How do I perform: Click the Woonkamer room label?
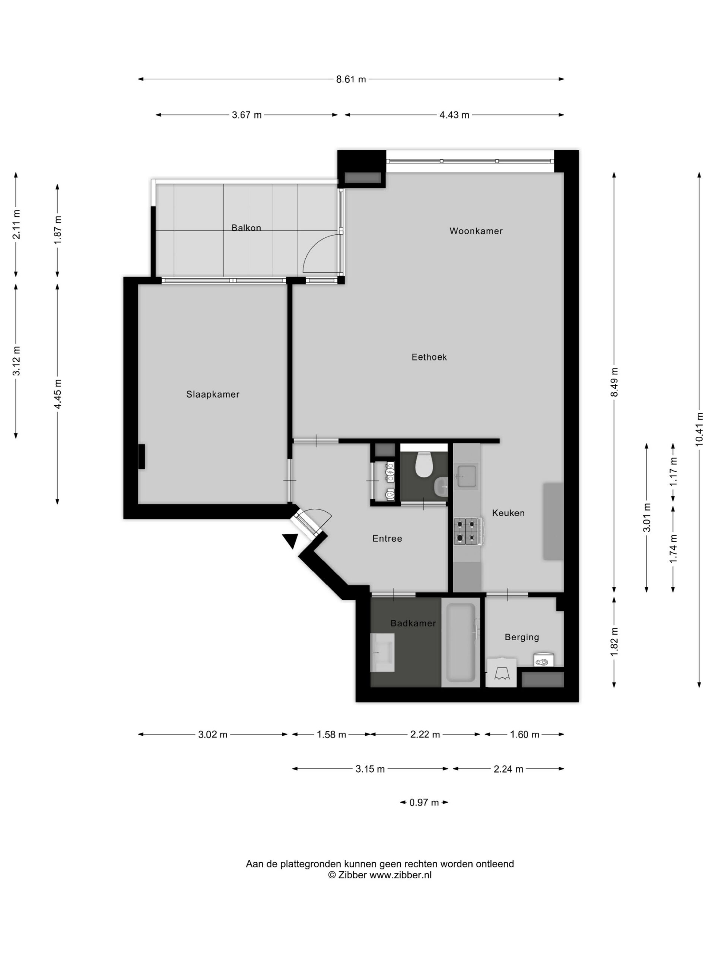(x=476, y=231)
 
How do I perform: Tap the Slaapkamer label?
(x=213, y=394)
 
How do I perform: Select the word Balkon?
(x=246, y=228)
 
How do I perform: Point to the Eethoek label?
(x=429, y=357)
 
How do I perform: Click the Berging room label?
(x=521, y=637)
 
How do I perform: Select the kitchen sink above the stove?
(x=466, y=476)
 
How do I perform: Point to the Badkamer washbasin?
(x=382, y=653)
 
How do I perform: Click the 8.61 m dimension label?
(x=351, y=79)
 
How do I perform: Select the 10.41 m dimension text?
(x=699, y=429)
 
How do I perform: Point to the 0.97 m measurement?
(x=424, y=803)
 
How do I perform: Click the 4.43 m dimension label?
(x=454, y=115)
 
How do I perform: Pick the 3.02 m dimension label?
(x=213, y=735)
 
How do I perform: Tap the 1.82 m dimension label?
(x=614, y=642)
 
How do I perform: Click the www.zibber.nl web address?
(x=400, y=875)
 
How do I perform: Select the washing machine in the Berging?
(x=501, y=672)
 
